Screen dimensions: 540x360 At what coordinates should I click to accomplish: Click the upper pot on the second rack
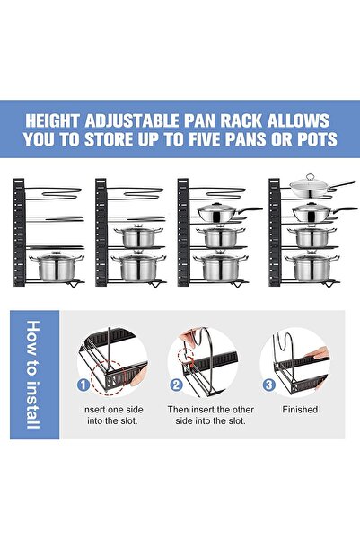coord(135,236)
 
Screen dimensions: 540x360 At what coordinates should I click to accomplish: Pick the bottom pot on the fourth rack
coord(310,266)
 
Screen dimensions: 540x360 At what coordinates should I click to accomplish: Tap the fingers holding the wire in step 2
coord(189,336)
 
